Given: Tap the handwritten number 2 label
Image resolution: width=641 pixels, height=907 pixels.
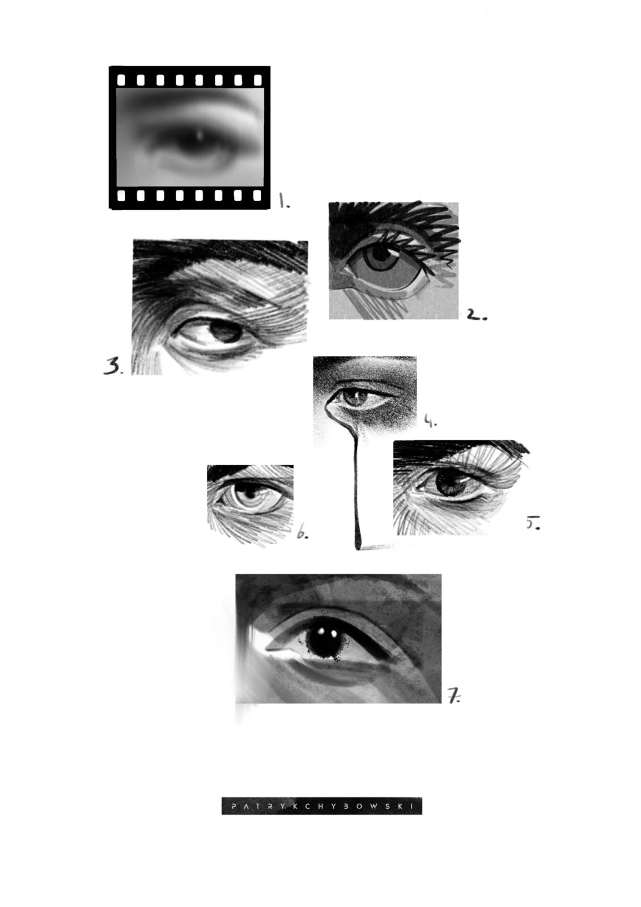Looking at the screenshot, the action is point(477,315).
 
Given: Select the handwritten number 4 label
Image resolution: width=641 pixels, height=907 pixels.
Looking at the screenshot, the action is point(430,422).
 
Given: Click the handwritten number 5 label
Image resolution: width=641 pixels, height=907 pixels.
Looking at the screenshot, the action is point(533,523).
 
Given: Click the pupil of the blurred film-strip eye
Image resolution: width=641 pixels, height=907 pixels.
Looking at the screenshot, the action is point(198,142).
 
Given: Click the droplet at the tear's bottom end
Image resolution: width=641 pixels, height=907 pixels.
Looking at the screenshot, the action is point(358,542).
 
